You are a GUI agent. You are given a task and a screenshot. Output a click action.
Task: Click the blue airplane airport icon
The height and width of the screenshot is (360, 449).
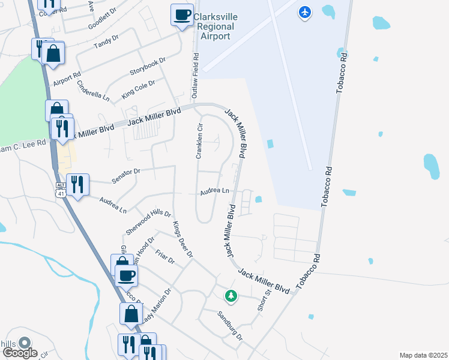coord(305,12)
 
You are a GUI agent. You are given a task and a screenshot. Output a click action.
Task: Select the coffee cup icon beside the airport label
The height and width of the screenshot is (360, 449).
coord(182,15)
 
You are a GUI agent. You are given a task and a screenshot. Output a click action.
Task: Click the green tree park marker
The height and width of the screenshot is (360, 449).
coord(231,295)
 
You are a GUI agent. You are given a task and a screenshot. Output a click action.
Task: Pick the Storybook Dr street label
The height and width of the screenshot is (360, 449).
coord(148,67)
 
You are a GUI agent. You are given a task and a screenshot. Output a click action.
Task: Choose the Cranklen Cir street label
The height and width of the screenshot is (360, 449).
coord(200,142)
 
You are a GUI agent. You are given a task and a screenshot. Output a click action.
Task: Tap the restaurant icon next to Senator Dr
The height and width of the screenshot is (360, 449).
coord(77,184)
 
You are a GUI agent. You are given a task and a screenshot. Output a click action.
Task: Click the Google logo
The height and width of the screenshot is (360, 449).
coord(20,352)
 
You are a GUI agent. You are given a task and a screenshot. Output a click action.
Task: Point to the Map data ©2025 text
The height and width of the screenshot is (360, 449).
coord(423,355)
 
